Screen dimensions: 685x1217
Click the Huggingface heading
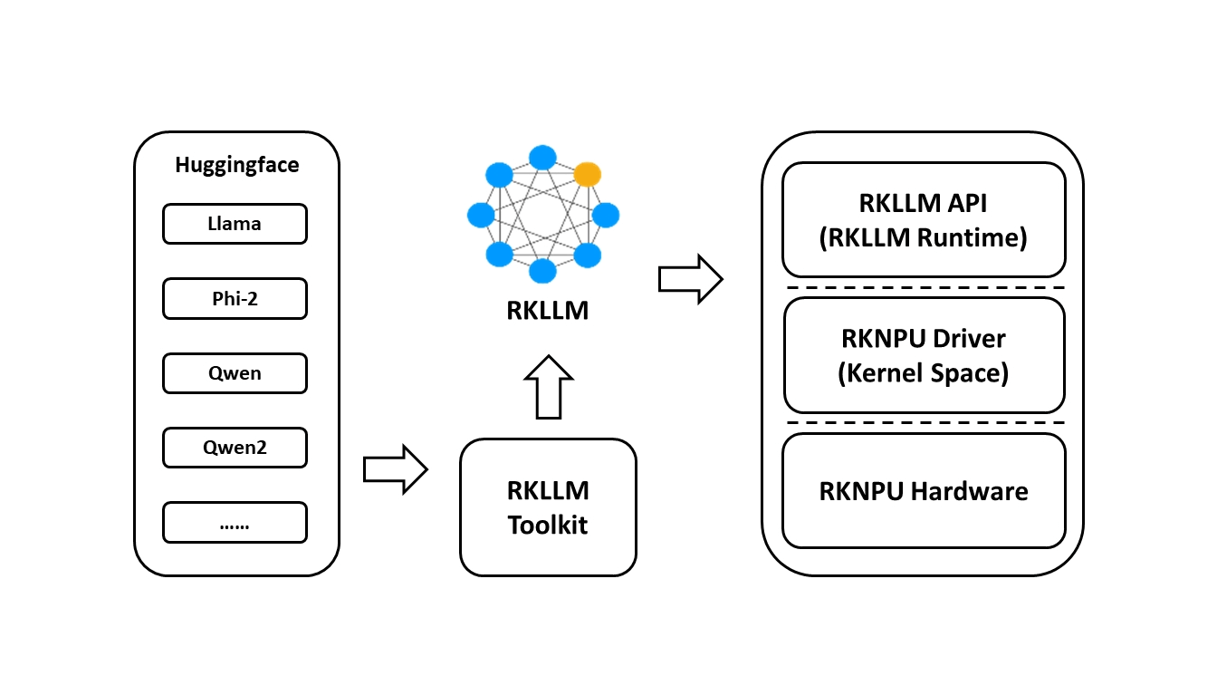pyautogui.click(x=236, y=165)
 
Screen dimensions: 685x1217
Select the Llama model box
pyautogui.click(x=235, y=224)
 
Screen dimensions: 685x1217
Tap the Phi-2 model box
pyautogui.click(x=235, y=298)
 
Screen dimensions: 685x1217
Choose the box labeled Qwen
pyautogui.click(x=235, y=372)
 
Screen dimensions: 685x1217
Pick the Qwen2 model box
pyautogui.click(x=235, y=447)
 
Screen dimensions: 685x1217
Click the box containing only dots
pyautogui.click(x=235, y=522)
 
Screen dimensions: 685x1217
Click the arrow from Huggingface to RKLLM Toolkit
pyautogui.click(x=395, y=469)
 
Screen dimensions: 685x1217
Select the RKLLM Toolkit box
pyautogui.click(x=548, y=507)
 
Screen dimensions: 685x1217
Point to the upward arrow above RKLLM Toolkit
pyautogui.click(x=549, y=387)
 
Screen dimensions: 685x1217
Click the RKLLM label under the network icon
pyautogui.click(x=548, y=311)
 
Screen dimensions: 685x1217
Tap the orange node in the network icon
pyautogui.click(x=588, y=174)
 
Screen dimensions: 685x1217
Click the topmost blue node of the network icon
pyautogui.click(x=542, y=157)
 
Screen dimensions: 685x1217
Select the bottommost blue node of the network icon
pyautogui.click(x=542, y=271)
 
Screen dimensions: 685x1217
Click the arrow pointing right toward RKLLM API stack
pyautogui.click(x=690, y=279)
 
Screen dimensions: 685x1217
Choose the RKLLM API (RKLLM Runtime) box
pyautogui.click(x=924, y=220)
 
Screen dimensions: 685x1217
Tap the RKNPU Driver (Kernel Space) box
pyautogui.click(x=924, y=355)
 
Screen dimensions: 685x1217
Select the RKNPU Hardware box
pyautogui.click(x=924, y=491)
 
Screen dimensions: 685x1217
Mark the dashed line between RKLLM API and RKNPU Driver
pyautogui.click(x=924, y=287)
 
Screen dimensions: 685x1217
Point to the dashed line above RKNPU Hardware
pyautogui.click(x=924, y=423)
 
